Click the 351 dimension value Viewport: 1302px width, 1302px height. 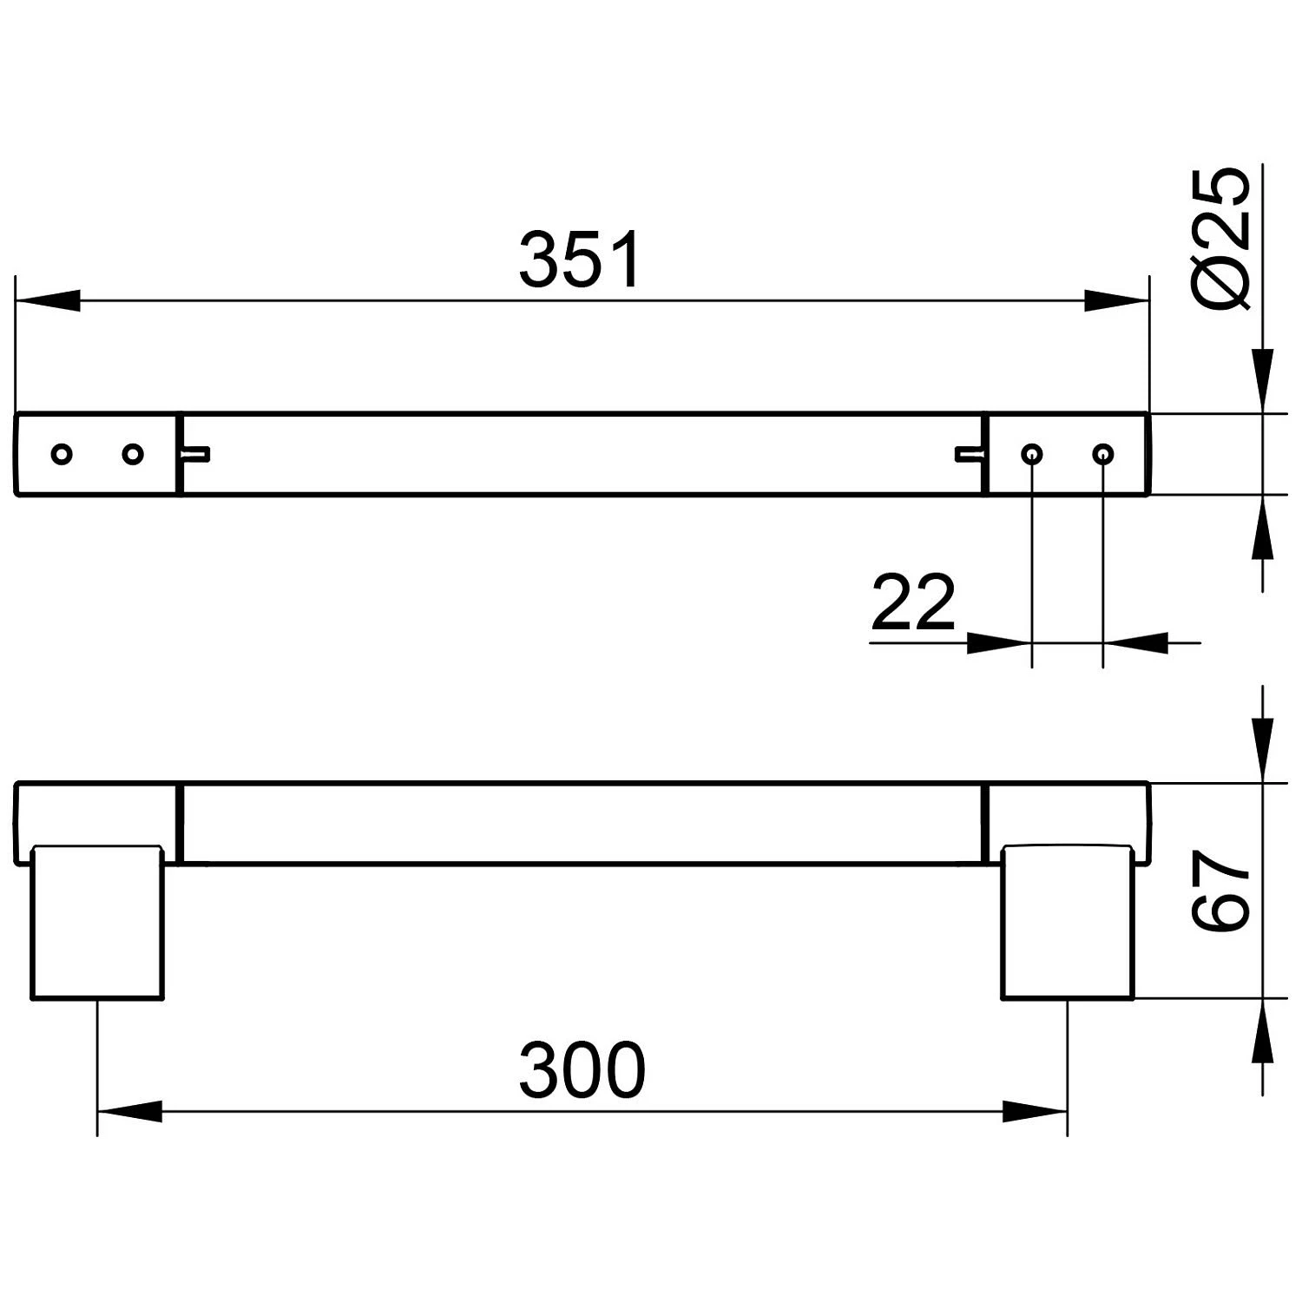581,260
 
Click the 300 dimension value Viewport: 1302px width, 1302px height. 582,1069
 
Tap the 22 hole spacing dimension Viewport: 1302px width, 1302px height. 912,602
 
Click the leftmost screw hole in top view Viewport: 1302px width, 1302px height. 62,454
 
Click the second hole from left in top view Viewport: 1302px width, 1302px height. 132,454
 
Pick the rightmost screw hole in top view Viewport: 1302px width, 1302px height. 1102,454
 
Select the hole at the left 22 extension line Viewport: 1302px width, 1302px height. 1031,454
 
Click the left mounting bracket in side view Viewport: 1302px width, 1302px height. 97,922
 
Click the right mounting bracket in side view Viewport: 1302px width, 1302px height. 1068,922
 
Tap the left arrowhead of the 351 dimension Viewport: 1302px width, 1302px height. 48,302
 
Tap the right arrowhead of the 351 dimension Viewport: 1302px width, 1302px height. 1117,302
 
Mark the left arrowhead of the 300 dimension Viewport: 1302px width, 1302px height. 129,1111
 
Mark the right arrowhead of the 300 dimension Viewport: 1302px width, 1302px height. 1035,1111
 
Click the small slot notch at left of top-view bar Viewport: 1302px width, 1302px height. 197,453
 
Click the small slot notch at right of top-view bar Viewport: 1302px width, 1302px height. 969,453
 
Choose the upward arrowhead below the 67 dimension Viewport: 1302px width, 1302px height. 1262,1030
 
